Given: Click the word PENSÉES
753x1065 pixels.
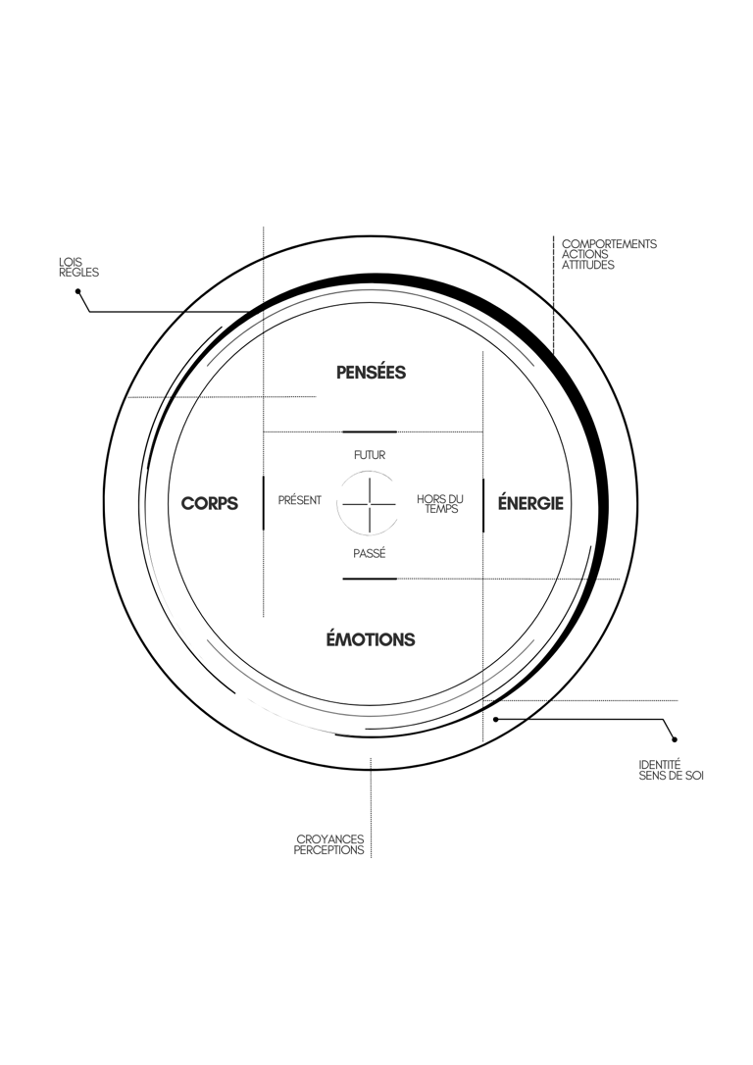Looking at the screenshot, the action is pos(371,373).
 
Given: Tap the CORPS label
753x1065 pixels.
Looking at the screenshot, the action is pos(210,503).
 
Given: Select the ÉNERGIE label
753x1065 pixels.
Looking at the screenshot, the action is pos(530,503).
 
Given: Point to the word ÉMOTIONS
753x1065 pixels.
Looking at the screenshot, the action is pos(371,639).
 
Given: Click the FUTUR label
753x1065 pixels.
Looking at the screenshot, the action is pos(370,455).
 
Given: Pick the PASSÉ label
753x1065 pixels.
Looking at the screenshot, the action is pos(370,553).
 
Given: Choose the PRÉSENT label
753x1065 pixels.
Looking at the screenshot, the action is pos(299,500).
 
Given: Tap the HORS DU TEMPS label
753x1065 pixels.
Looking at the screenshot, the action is pos(440,504).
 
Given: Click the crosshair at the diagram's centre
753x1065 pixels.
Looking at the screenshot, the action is pos(370,505).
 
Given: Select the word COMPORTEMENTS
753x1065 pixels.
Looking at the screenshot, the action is pos(609,244).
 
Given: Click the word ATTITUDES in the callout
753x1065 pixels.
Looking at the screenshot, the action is pos(588,265).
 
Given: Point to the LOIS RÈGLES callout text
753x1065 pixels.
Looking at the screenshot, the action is pos(78,267).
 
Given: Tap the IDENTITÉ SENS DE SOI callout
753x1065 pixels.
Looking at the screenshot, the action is pos(671,770).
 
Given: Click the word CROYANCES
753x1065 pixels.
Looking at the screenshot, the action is pos(330,839).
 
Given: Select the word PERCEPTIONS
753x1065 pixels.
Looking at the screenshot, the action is pos(328,849).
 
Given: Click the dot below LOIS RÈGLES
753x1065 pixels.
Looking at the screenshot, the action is pos(78,290).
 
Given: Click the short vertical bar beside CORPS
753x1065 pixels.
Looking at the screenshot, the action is pos(264,503).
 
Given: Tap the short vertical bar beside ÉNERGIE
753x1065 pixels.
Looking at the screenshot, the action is pos(482,505).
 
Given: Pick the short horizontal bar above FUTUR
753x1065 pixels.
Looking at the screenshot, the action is pos(370,431).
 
